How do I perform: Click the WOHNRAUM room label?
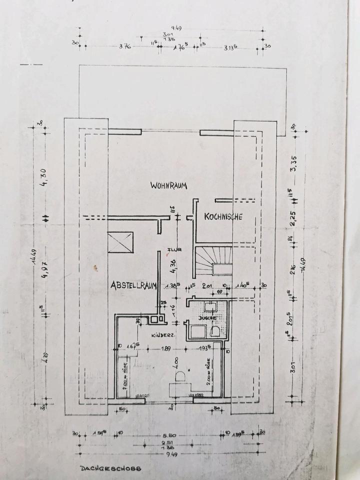pos(168,185)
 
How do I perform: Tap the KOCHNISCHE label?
pos(223,217)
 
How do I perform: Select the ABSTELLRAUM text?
pos(134,285)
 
